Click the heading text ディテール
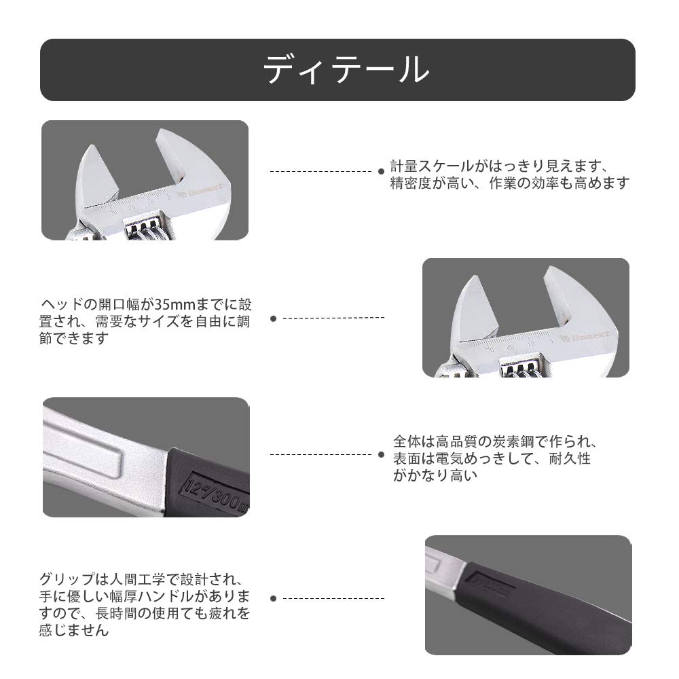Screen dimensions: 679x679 [346, 70]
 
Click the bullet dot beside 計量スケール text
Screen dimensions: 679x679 [381, 172]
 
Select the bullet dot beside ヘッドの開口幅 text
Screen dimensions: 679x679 [273, 318]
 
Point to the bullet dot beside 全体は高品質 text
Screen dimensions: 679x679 [381, 454]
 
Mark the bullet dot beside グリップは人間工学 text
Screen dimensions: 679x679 [273, 598]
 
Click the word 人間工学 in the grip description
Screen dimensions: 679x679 [139, 580]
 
